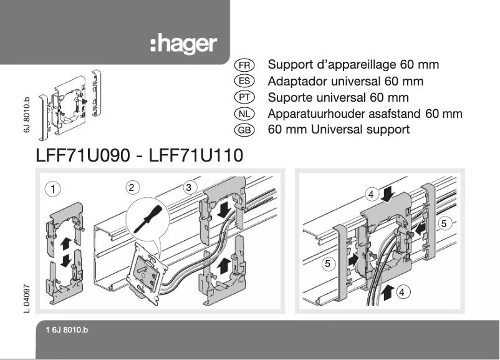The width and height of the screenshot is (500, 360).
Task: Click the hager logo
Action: pyautogui.click(x=183, y=45)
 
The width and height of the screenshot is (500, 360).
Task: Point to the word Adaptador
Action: pyautogui.click(x=297, y=81)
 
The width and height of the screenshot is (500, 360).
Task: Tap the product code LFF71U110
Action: pyautogui.click(x=196, y=155)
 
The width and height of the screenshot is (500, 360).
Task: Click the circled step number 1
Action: pyautogui.click(x=54, y=188)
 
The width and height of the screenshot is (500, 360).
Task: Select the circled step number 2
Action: pyautogui.click(x=131, y=187)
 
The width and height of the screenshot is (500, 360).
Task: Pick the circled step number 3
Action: pyautogui.click(x=190, y=187)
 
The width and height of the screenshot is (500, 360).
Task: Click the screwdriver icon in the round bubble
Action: pyautogui.click(x=147, y=218)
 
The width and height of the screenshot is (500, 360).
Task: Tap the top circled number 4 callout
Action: pyautogui.click(x=372, y=195)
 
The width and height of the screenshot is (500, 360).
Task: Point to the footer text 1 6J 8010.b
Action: pyautogui.click(x=67, y=330)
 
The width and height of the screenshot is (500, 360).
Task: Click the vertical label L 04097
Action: pyautogui.click(x=26, y=298)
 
